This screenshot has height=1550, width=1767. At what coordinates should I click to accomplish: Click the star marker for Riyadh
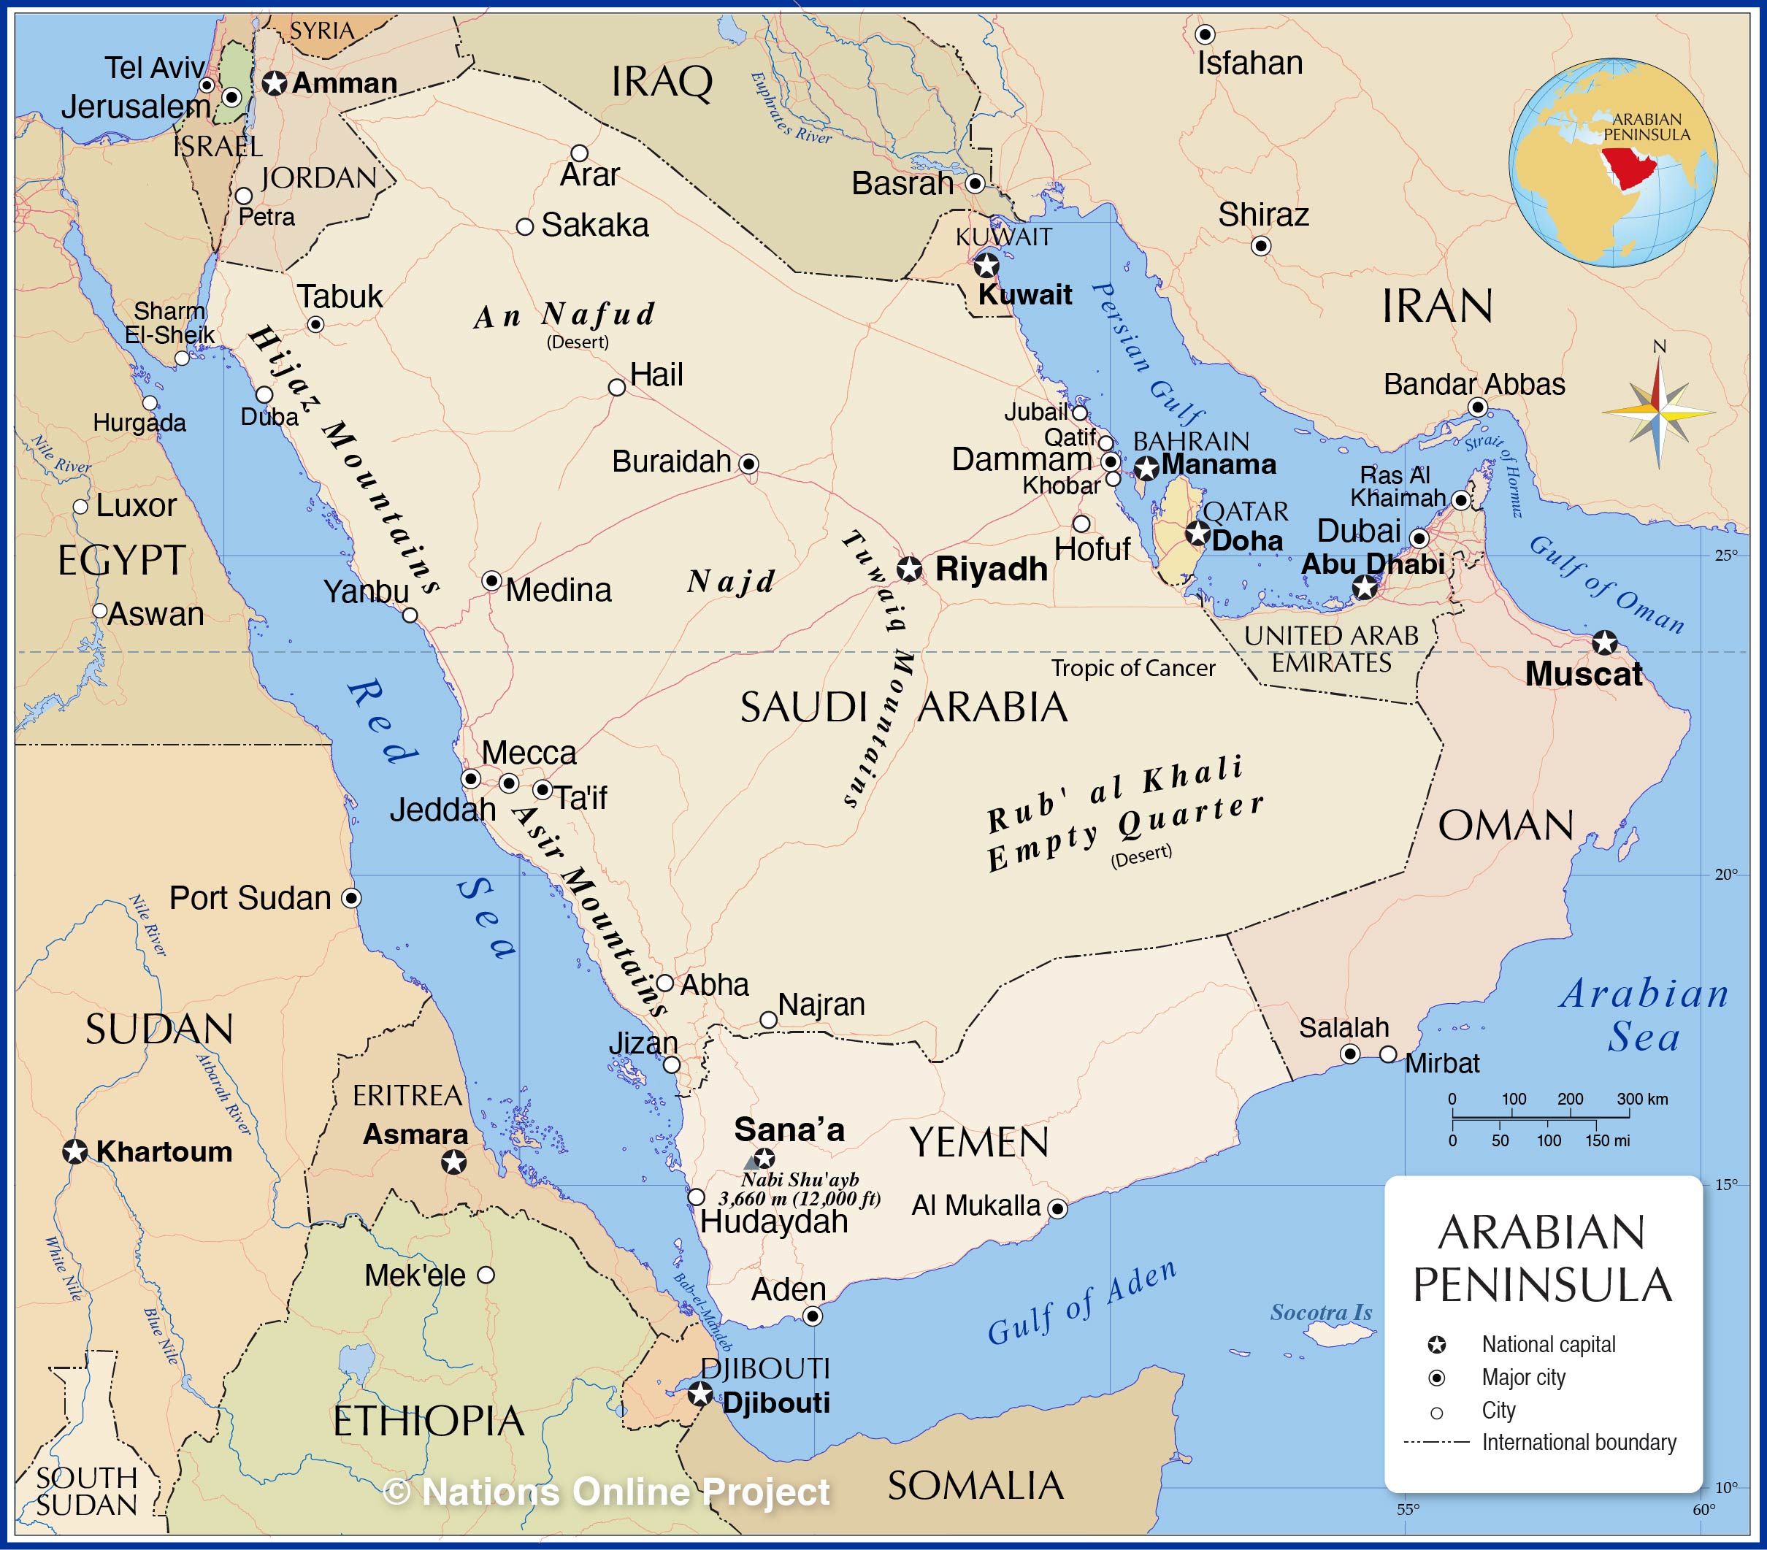click(x=908, y=569)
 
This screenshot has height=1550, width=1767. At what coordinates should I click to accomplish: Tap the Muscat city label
click(x=1583, y=675)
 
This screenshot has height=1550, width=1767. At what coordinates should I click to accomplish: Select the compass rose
click(x=1658, y=413)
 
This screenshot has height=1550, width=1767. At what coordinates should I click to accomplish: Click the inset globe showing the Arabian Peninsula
click(x=1612, y=163)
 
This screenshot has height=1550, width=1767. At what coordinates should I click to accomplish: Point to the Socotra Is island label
click(x=1320, y=1312)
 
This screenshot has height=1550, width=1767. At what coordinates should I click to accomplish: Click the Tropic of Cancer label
click(x=1132, y=668)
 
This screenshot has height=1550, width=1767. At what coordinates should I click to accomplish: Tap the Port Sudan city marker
click(x=351, y=898)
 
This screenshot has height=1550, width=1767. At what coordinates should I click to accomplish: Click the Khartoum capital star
click(x=75, y=1152)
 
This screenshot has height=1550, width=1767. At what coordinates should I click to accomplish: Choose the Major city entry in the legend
click(x=1523, y=1377)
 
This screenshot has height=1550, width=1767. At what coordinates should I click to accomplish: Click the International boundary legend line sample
click(x=1436, y=1442)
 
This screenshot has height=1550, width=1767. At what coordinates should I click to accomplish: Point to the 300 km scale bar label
click(x=1641, y=1100)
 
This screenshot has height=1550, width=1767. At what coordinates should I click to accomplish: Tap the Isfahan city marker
click(x=1204, y=34)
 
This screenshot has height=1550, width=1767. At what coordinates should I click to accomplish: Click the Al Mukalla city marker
click(x=1057, y=1208)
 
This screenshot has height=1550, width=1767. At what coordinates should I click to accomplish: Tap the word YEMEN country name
click(x=978, y=1143)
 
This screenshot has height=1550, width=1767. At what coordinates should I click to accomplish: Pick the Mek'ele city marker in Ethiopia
click(x=486, y=1274)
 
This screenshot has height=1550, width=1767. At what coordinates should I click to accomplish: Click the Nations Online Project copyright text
click(x=606, y=1491)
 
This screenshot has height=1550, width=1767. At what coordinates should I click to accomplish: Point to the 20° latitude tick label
click(x=1725, y=875)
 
